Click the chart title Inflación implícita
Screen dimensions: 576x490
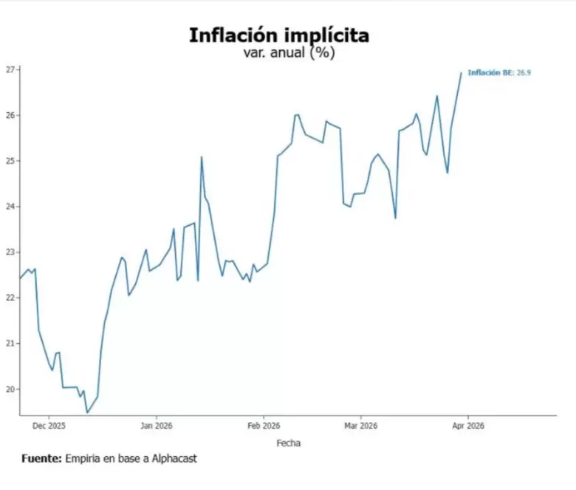[x=279, y=36]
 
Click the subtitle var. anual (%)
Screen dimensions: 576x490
[x=289, y=52]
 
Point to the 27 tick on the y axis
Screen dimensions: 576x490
[x=10, y=69]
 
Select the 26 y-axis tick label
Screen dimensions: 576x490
[x=10, y=115]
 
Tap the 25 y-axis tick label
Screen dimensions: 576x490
[x=10, y=161]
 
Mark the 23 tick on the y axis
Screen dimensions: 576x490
[x=10, y=252]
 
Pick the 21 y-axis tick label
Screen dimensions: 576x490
[x=10, y=344]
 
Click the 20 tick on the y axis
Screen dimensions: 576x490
[x=10, y=389]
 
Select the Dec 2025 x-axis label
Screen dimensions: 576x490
[x=49, y=426]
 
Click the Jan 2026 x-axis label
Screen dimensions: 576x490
[x=157, y=426]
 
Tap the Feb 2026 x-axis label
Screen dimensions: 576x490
[x=264, y=426]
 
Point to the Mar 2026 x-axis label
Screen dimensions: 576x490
[x=360, y=426]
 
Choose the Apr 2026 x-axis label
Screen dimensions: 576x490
[x=468, y=426]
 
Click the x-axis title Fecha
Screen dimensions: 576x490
[x=288, y=443]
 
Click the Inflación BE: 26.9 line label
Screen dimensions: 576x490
[x=499, y=72]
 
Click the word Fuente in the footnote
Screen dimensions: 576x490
[x=41, y=458]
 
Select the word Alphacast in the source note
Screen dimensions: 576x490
[x=174, y=458]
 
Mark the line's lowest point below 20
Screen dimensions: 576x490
[x=87, y=413]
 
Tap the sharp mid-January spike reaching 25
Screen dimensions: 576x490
[x=202, y=157]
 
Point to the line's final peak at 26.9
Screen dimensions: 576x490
[x=462, y=72]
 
